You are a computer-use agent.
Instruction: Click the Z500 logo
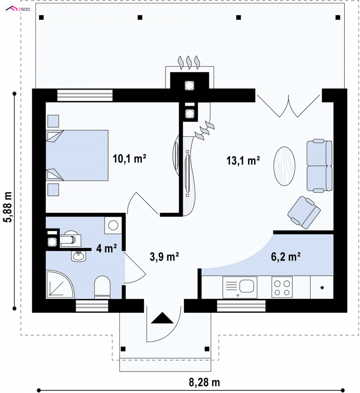(18, 9)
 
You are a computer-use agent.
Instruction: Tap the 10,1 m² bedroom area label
(129, 158)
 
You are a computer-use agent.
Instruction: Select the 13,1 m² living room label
(243, 160)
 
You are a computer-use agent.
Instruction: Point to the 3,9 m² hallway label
(164, 257)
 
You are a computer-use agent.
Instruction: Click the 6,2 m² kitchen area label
(286, 257)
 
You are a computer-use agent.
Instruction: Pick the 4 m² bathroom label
(107, 248)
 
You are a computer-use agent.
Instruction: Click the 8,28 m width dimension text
(204, 382)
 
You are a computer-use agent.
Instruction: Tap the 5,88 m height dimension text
(8, 207)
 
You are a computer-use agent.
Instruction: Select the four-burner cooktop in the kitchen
(282, 287)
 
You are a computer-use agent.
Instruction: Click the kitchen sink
(240, 287)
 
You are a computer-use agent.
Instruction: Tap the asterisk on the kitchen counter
(322, 288)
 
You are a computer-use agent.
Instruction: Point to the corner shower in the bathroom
(60, 285)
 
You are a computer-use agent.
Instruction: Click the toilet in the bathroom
(102, 287)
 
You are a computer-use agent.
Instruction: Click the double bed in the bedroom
(77, 155)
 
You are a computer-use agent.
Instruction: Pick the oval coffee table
(284, 166)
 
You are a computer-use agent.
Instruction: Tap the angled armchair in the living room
(304, 212)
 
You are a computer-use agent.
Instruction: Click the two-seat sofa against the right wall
(319, 166)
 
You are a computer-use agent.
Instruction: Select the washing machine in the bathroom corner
(113, 226)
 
